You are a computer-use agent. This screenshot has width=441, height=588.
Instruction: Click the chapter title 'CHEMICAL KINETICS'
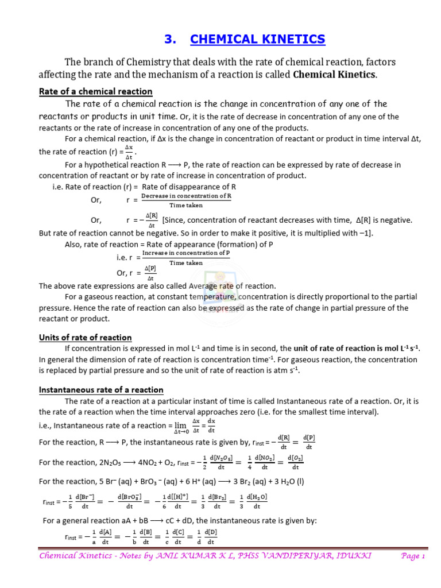(x=257, y=39)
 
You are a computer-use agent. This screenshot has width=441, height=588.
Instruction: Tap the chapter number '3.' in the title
(x=170, y=39)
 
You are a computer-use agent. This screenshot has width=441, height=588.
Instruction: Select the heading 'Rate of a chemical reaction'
(x=95, y=91)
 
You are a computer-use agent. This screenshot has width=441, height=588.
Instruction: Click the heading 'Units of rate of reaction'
(x=85, y=337)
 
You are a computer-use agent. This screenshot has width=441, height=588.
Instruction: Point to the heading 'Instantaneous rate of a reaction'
(x=101, y=389)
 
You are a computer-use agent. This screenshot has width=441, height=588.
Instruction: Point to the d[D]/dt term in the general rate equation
(x=211, y=537)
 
